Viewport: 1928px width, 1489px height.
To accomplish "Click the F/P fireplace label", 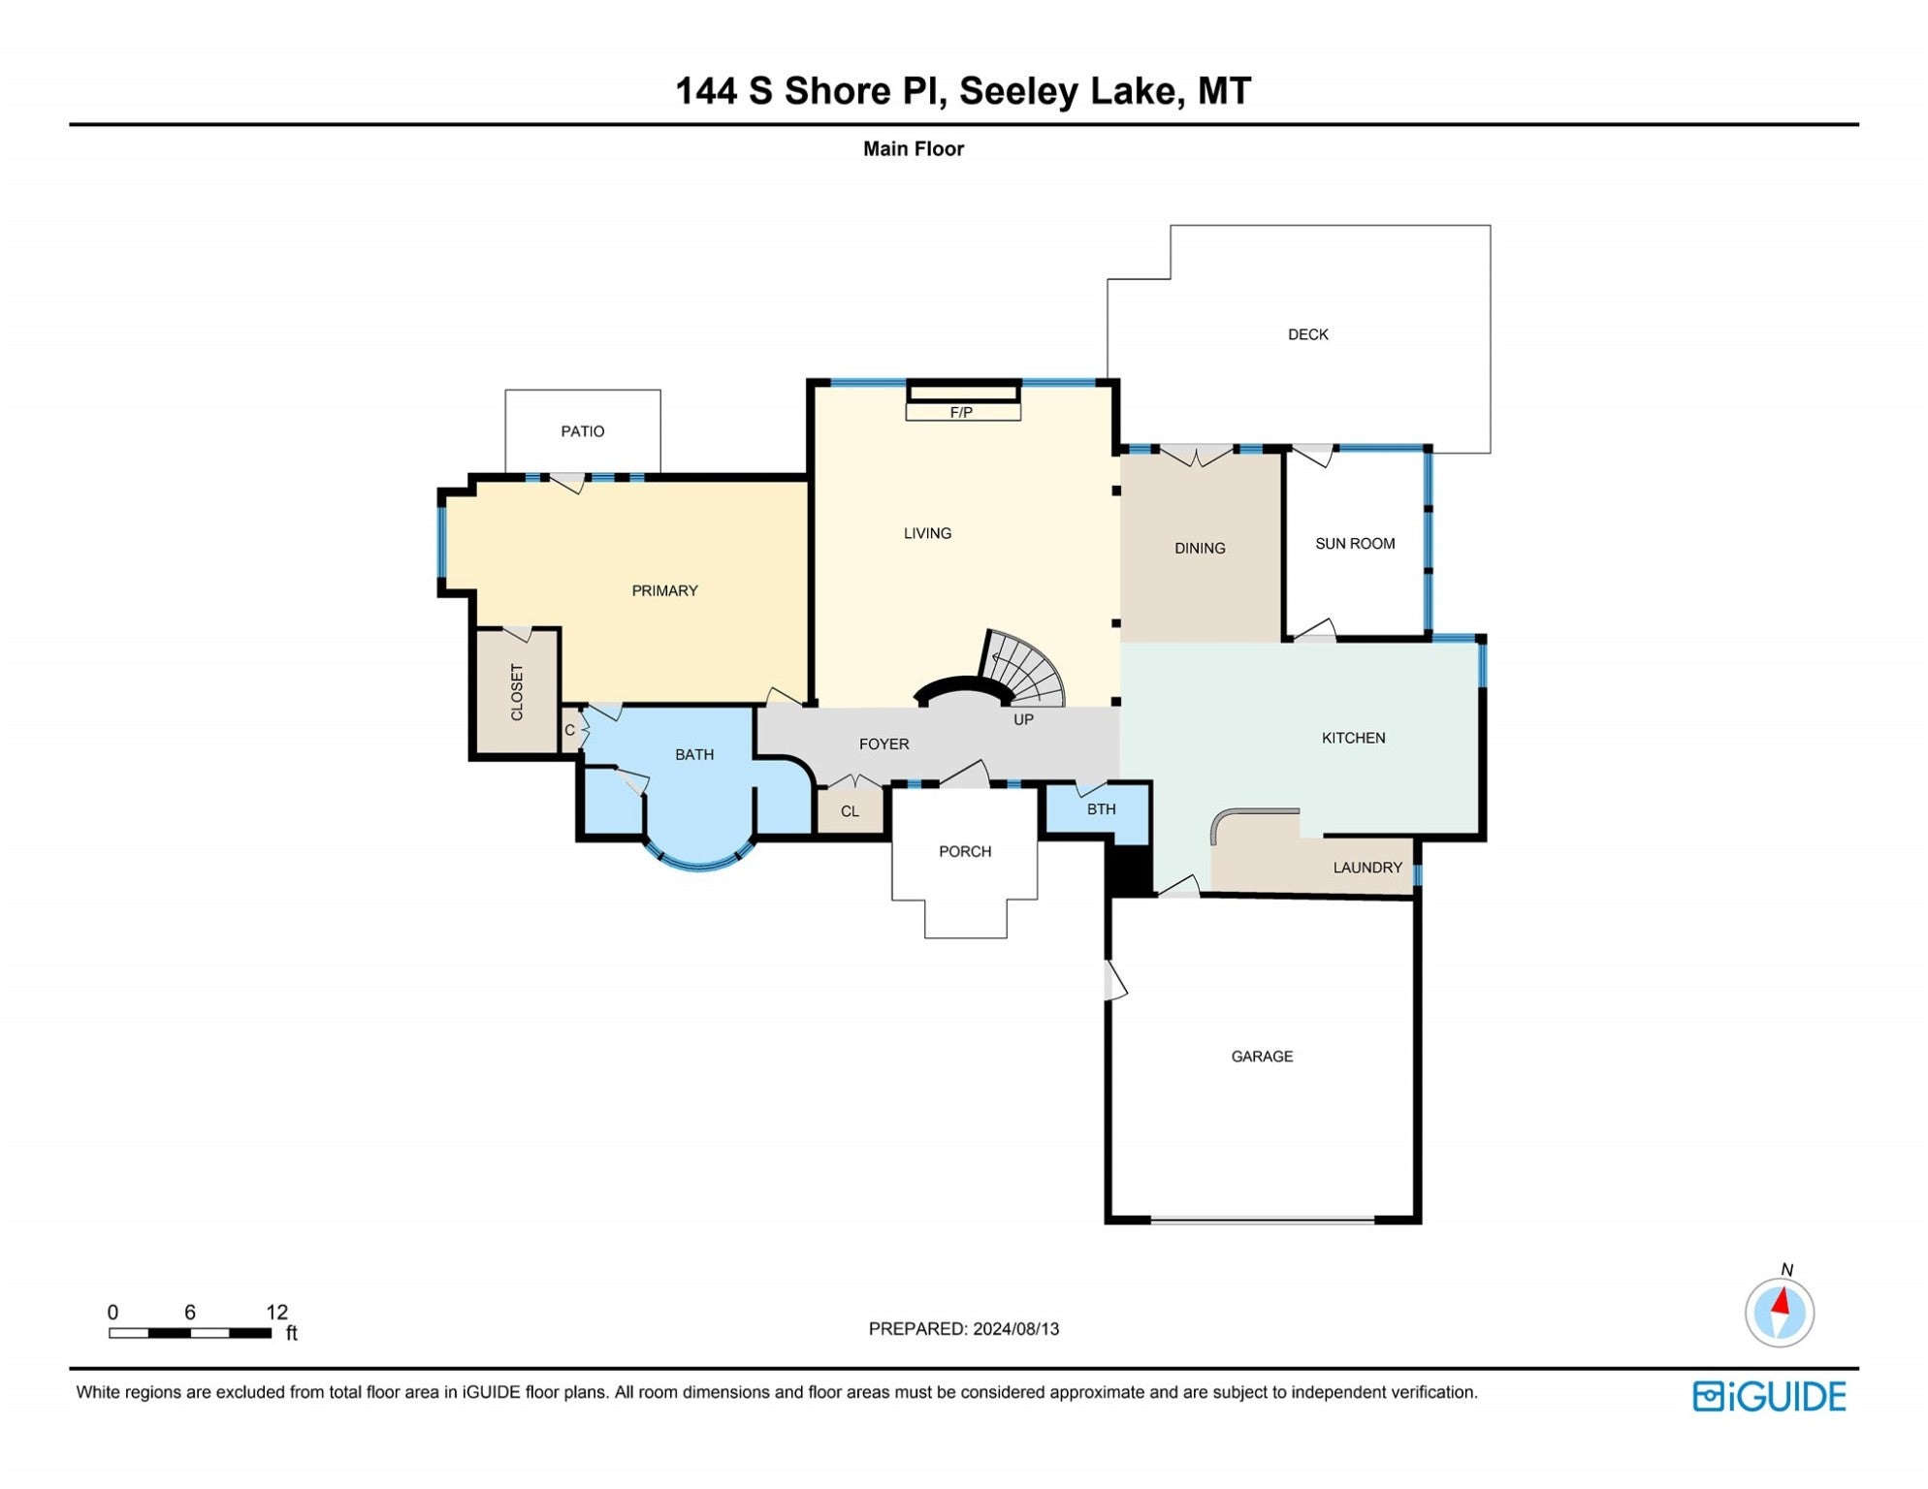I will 961,413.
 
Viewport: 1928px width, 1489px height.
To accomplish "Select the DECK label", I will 1307,334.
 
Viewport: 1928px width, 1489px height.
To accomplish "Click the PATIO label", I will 582,431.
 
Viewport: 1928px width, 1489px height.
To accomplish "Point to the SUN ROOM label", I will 1354,544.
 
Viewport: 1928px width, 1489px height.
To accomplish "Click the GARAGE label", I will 1262,1057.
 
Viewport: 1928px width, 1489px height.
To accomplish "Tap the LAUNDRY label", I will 1366,868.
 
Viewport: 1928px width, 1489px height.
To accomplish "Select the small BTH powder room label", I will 1101,809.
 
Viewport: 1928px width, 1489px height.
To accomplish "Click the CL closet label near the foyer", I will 850,811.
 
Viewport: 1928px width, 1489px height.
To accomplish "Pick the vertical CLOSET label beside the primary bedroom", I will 517,692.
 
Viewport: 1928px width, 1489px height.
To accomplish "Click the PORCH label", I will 964,851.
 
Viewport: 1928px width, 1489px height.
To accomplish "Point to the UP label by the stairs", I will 1023,719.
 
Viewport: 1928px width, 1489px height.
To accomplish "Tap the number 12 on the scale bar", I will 276,1313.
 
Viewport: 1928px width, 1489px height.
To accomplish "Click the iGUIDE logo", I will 1769,1397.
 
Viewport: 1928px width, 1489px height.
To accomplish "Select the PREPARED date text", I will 963,1329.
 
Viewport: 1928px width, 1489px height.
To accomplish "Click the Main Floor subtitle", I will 913,149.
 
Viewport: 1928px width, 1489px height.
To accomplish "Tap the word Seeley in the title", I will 1018,91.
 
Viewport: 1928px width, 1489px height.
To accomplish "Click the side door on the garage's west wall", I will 1115,980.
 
